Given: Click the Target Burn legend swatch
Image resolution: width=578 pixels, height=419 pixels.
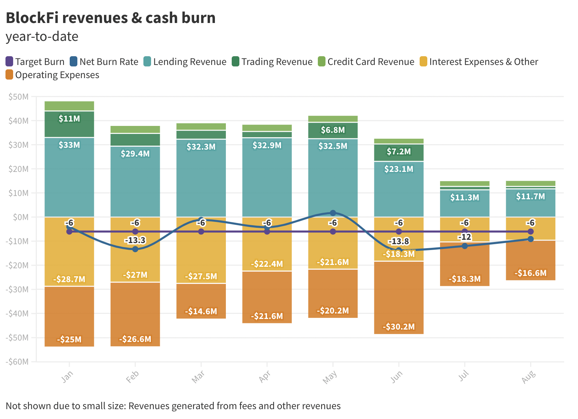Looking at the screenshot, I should click(9, 62).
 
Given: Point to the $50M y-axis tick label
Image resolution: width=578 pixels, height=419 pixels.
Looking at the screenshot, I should click(18, 97).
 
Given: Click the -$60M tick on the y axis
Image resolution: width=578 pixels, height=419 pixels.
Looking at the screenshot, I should click(17, 362).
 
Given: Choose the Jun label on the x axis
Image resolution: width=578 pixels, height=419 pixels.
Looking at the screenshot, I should click(397, 376).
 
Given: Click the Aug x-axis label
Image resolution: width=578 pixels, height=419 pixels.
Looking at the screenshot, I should click(528, 376).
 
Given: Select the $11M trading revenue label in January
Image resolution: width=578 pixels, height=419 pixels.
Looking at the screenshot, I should click(69, 119).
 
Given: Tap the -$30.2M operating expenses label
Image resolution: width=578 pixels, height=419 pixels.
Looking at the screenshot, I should click(399, 327).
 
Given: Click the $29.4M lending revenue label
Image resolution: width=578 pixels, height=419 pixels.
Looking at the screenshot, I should click(135, 154).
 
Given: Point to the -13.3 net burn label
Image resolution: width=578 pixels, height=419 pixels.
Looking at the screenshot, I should click(135, 240).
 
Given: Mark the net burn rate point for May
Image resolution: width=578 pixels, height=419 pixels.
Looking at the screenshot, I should click(333, 213).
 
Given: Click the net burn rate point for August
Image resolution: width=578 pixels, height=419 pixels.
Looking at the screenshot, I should click(531, 239).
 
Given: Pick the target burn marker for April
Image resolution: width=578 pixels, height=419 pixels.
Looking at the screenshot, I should click(267, 232).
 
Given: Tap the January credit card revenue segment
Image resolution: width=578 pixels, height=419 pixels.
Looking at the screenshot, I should click(69, 106).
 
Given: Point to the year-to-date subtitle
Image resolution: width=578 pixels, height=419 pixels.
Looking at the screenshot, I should click(42, 36).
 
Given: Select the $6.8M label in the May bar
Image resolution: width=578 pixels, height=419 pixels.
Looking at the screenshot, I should click(333, 130).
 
